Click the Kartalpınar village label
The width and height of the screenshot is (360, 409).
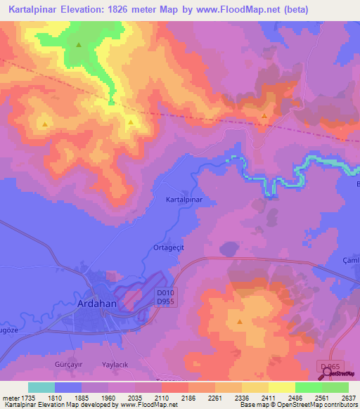[x=184, y=200]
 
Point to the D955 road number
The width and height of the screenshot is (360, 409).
[x=166, y=301]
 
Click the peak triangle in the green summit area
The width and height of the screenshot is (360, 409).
[x=79, y=46]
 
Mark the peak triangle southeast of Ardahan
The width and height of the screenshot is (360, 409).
[x=240, y=322]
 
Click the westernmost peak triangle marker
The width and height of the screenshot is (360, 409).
[x=45, y=124]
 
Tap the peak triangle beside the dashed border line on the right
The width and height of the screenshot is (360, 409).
[x=264, y=117]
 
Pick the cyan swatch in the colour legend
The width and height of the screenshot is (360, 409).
[x=41, y=387]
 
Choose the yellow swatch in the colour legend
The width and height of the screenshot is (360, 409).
[x=281, y=387]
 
